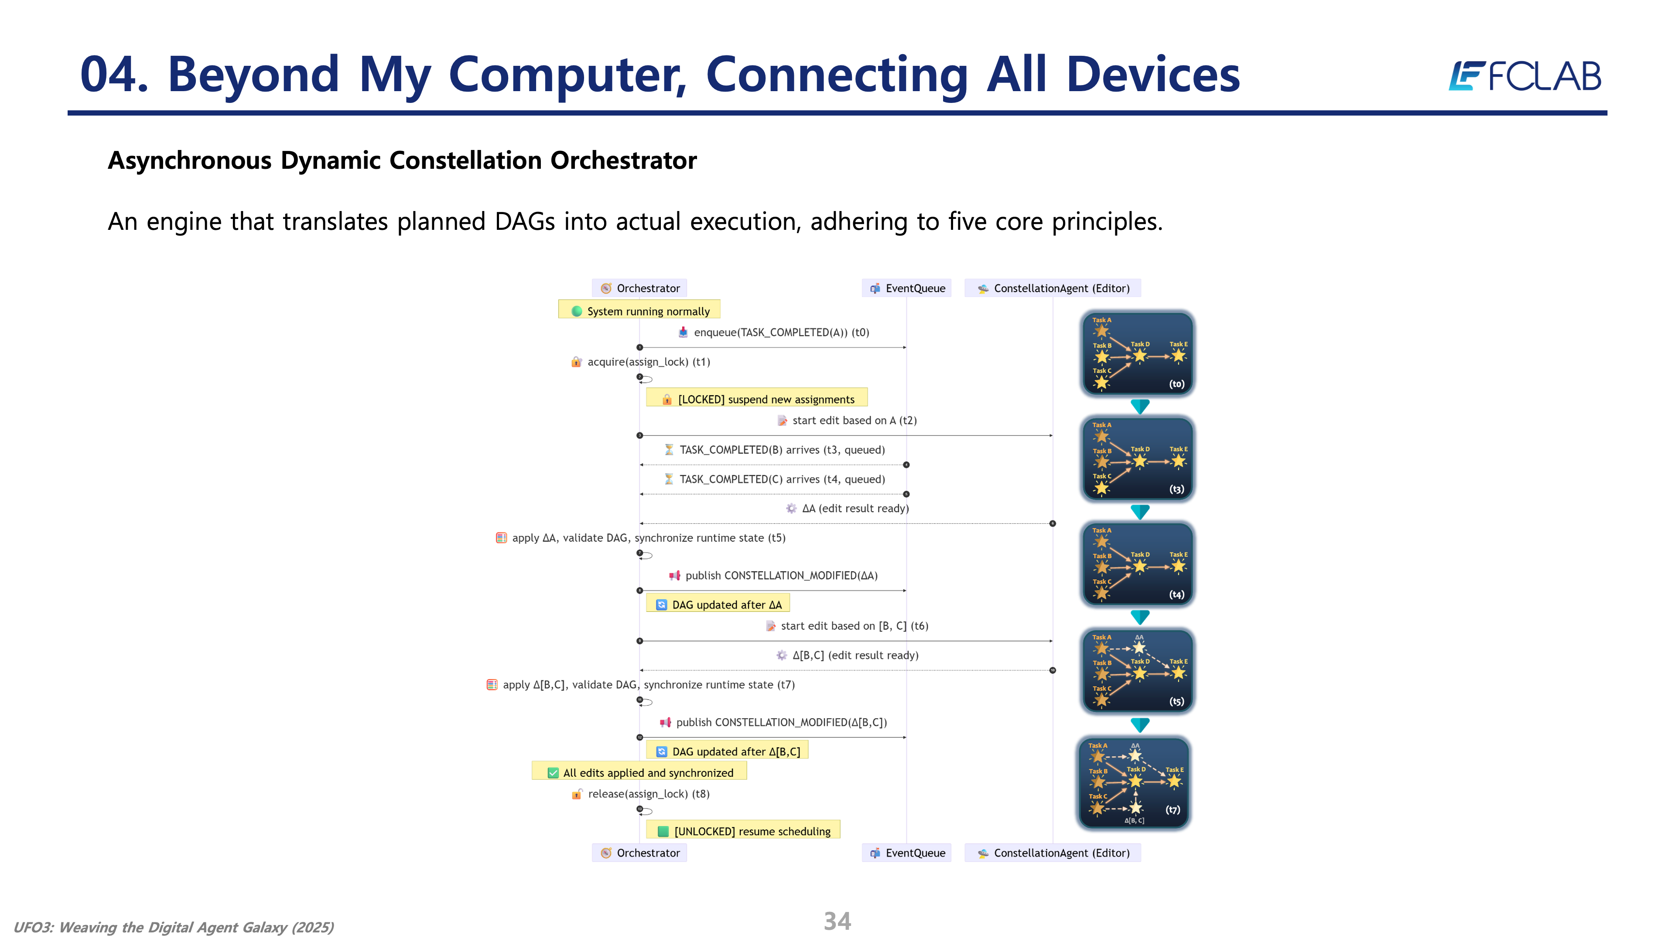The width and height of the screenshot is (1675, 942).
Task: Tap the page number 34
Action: click(837, 921)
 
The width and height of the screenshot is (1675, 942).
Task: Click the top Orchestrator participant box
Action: click(640, 288)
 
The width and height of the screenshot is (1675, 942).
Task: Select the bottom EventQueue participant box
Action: click(907, 853)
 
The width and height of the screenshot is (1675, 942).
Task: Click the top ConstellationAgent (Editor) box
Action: click(1053, 288)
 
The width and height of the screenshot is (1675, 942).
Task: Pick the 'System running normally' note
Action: click(640, 311)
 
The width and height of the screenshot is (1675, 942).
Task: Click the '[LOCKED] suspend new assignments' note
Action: click(758, 399)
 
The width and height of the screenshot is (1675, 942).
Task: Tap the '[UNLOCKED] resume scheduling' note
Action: click(744, 831)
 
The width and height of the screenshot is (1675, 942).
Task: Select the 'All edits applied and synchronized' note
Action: click(640, 772)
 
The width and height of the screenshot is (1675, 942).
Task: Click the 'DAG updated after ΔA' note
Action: click(718, 604)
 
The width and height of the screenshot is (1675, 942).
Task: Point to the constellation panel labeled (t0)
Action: click(1138, 354)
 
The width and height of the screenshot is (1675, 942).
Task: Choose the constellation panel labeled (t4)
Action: click(1138, 564)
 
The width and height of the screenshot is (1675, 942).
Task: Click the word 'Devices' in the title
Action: click(1152, 75)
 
